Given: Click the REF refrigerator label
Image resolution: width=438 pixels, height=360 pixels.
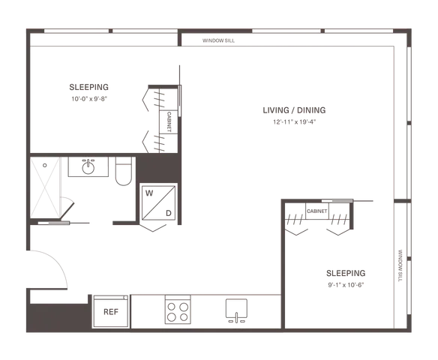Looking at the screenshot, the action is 111,312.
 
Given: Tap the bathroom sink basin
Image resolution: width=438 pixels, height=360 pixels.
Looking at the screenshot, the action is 88,167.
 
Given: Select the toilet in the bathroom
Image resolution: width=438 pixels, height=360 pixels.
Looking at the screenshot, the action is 124,171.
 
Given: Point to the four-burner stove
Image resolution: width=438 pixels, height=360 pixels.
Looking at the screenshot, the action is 178,310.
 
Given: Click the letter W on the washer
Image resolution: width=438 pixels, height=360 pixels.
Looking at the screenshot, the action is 149,193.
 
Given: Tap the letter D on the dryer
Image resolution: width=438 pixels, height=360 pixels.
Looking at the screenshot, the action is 169,213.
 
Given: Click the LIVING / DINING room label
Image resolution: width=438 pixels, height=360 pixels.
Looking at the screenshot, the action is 294,110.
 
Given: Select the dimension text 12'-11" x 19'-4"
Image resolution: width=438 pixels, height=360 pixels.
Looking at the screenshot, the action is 295,122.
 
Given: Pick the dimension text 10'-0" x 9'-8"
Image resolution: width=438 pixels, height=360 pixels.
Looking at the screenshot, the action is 89,99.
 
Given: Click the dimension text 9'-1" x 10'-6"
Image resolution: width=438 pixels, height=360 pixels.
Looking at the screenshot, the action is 346,285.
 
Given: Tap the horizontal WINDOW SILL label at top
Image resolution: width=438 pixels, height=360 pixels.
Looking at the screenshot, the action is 218,40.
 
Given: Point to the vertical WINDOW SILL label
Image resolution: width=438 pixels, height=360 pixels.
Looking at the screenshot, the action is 400,265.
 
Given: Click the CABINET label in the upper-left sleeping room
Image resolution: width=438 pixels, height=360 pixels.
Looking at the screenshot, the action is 169,121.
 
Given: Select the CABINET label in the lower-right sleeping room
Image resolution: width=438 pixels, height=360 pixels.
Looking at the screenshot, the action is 316,211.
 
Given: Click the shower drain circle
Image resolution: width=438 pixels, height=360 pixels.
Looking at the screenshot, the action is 45,165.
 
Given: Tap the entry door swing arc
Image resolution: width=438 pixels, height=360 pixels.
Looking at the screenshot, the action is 57,260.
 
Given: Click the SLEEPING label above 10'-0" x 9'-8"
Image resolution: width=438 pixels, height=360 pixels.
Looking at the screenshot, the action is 88,87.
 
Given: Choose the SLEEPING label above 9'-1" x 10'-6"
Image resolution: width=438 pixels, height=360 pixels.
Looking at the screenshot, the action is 346,273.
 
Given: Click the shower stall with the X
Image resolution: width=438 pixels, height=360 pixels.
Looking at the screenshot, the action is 45,187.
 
